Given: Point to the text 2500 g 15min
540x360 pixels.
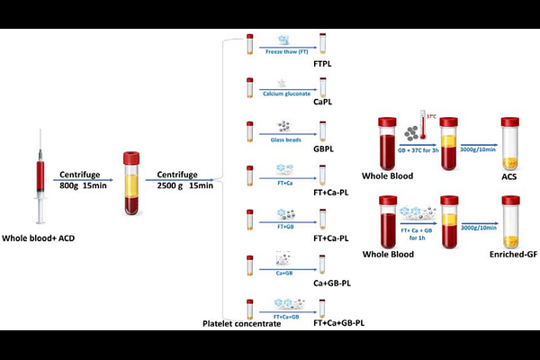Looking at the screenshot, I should pos(185,186).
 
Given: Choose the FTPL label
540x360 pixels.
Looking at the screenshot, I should pos(324,66).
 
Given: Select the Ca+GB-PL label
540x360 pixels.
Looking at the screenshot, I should pos(332,283).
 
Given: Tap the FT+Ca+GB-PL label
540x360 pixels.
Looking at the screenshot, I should pos(339,321).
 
